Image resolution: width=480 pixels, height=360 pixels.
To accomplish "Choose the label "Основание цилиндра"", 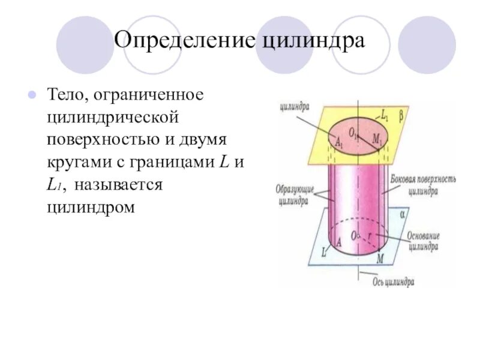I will point(424,241).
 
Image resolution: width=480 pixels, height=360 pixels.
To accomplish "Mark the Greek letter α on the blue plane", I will point(403,214).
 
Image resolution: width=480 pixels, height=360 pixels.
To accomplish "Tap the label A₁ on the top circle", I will point(340,143).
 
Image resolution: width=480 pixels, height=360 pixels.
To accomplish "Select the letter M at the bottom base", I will point(379,259).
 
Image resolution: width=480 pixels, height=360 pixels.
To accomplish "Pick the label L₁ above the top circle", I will point(385,113).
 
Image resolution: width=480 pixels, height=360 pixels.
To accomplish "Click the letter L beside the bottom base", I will point(324,253).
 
